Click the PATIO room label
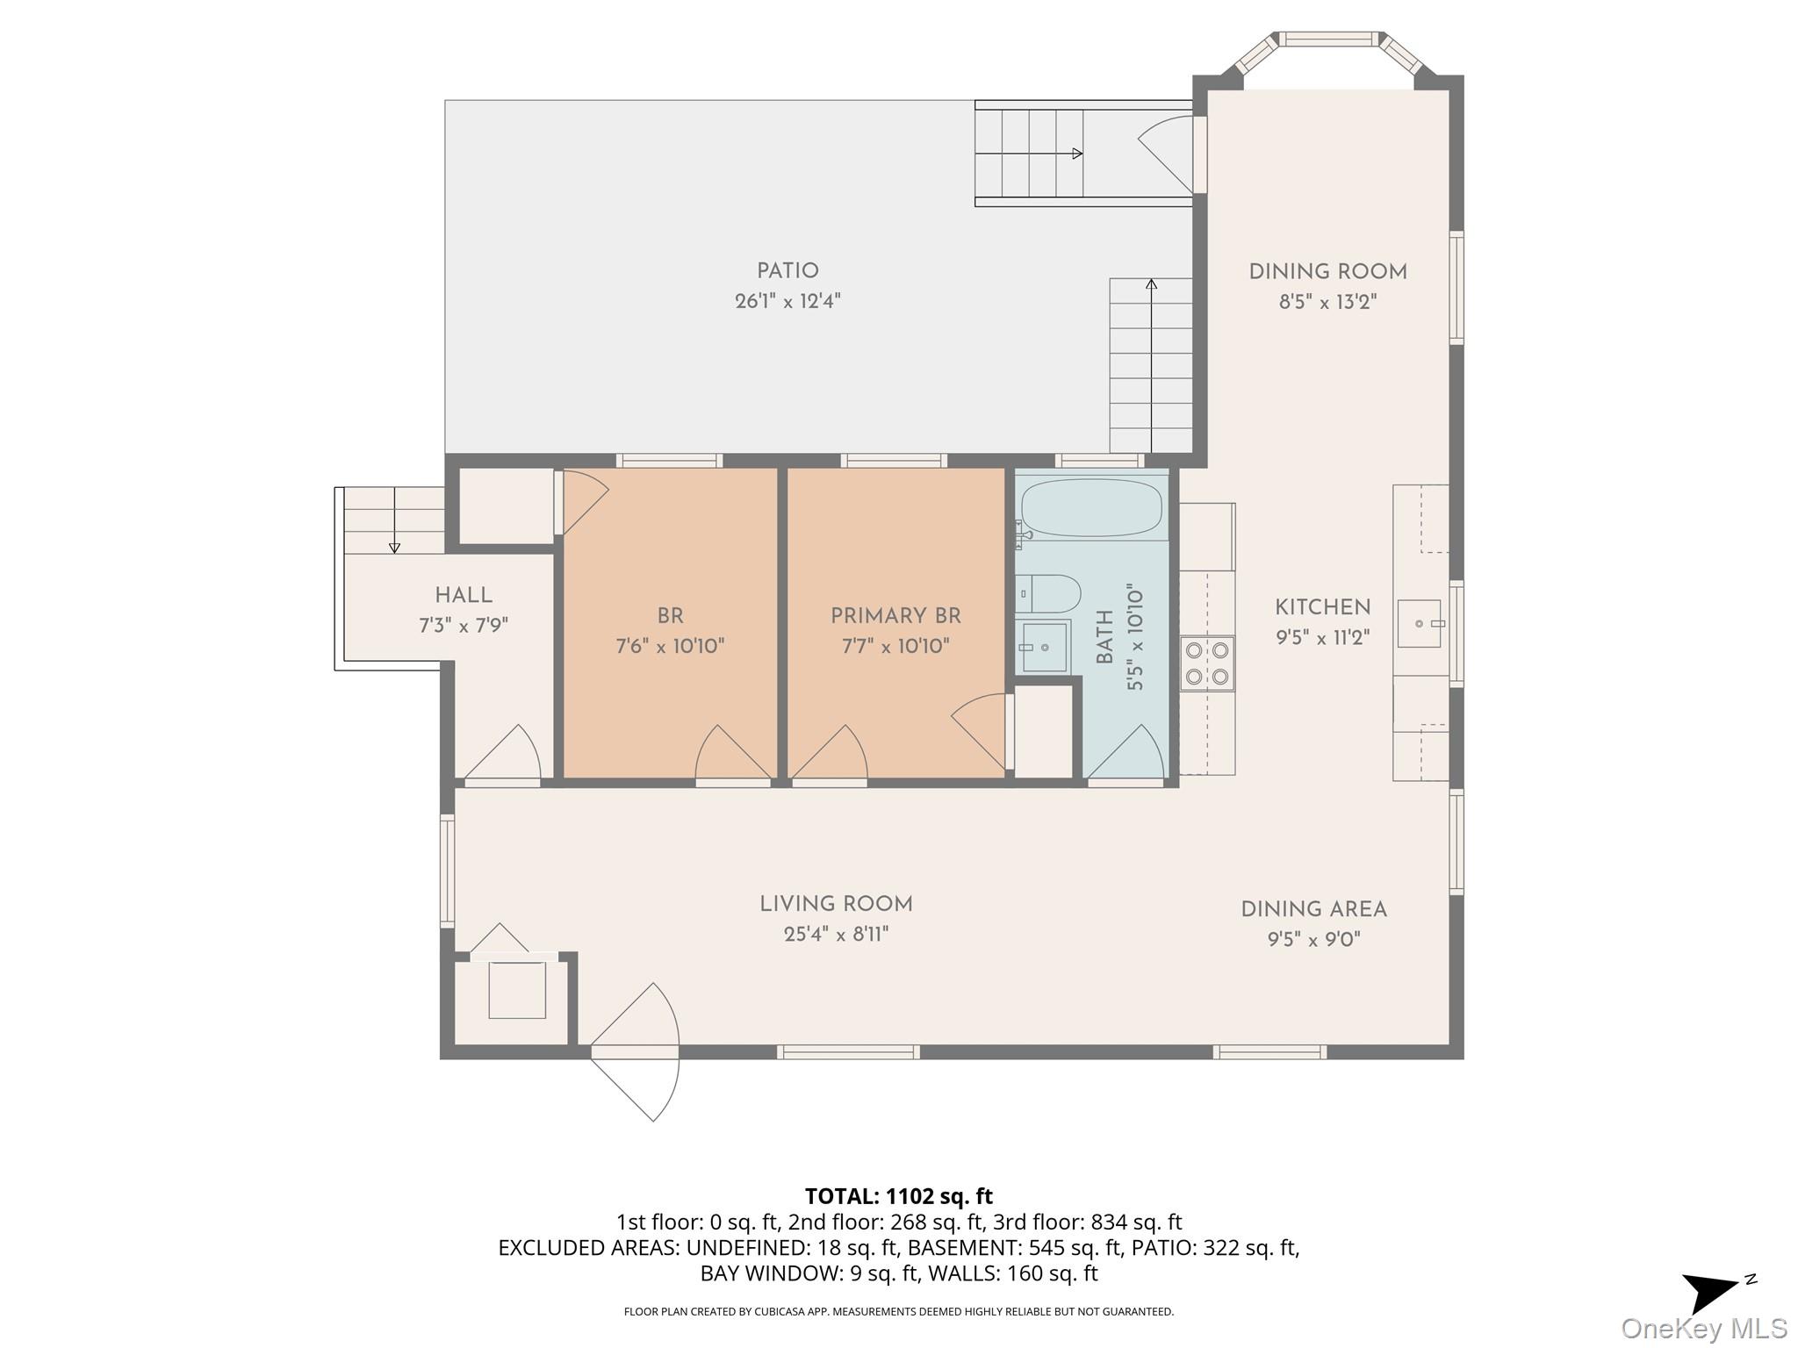click(x=788, y=271)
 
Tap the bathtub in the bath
click(x=1091, y=507)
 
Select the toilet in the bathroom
click(x=1048, y=594)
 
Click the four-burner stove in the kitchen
click(x=1207, y=663)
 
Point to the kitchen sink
click(x=1419, y=623)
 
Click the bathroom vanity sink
click(x=1044, y=647)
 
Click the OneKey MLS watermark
click(x=1704, y=1328)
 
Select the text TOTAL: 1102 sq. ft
click(x=899, y=1195)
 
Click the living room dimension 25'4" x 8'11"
click(x=836, y=935)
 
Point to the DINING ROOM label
click(x=1327, y=272)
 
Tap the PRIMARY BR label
click(x=895, y=616)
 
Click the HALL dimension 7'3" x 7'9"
click(x=464, y=626)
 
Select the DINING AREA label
click(x=1313, y=909)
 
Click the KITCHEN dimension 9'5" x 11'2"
click(x=1322, y=637)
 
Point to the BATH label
click(x=1104, y=636)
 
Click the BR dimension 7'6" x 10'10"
click(x=670, y=647)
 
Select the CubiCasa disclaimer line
click(x=898, y=1312)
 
